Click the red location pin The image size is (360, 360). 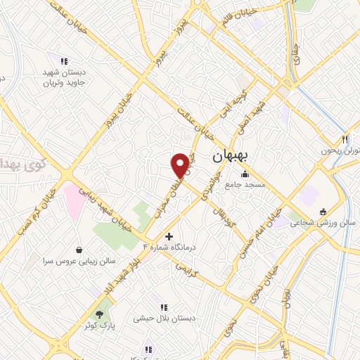click(x=181, y=165)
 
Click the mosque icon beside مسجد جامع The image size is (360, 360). click(x=245, y=174)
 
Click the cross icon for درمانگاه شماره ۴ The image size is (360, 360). click(x=168, y=236)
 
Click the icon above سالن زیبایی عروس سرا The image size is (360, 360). click(x=78, y=249)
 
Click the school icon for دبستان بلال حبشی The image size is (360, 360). click(x=164, y=307)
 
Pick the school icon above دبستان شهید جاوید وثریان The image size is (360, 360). click(x=65, y=61)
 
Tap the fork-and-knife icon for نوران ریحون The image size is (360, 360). click(x=345, y=139)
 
